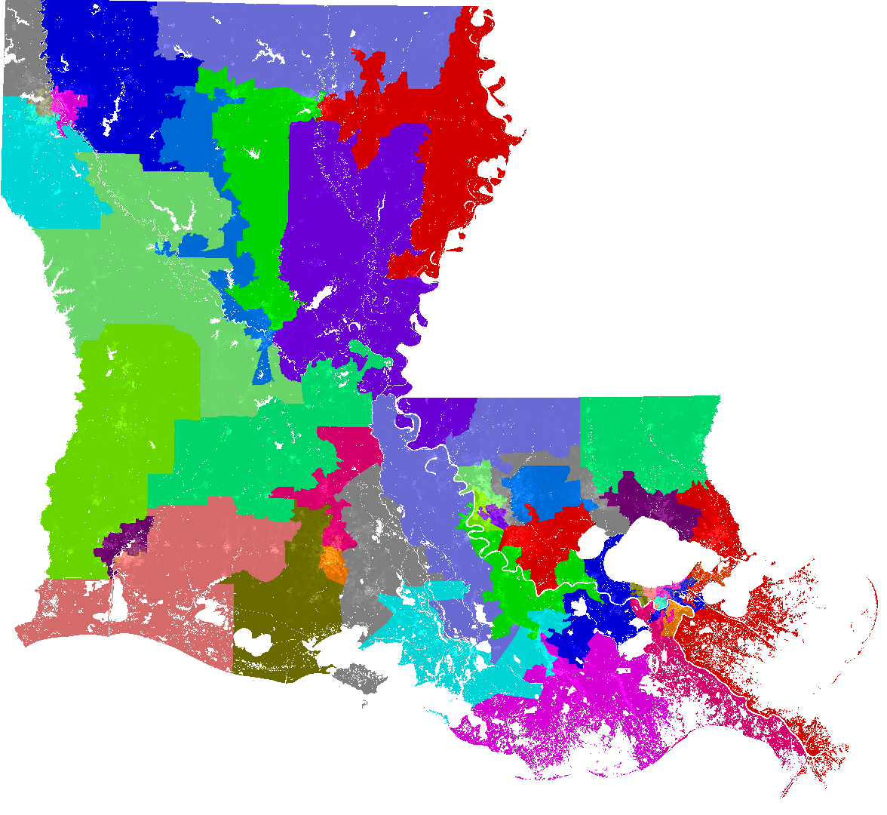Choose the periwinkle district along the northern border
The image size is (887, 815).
[x=302, y=38]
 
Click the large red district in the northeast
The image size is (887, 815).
[x=453, y=136]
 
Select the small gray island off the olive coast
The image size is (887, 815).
[x=361, y=678]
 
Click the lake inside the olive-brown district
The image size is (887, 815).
[x=253, y=646]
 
